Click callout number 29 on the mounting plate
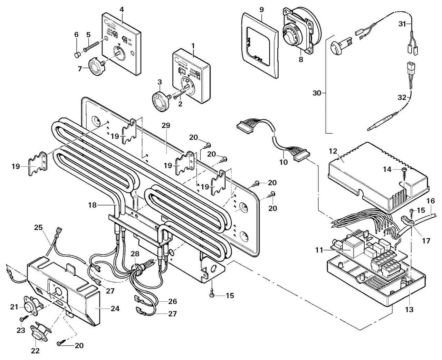[166, 126]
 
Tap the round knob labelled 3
[160, 102]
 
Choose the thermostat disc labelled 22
[39, 334]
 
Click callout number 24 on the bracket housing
[115, 308]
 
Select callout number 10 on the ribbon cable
[283, 162]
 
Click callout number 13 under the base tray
[409, 309]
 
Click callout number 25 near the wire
[38, 228]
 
